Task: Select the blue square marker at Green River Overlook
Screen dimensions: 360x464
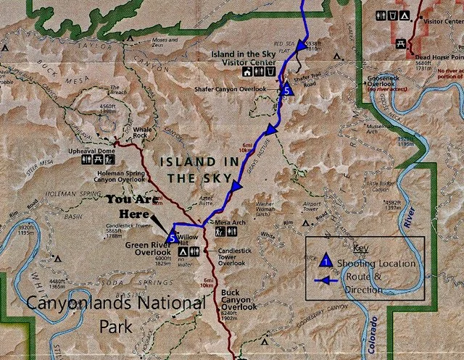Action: [x=172, y=238]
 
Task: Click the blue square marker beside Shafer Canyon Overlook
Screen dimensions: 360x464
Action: [x=286, y=91]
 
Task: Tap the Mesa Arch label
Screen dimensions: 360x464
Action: [x=229, y=223]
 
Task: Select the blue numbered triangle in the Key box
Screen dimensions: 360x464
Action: [x=327, y=260]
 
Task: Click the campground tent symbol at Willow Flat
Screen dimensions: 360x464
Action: [x=184, y=251]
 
